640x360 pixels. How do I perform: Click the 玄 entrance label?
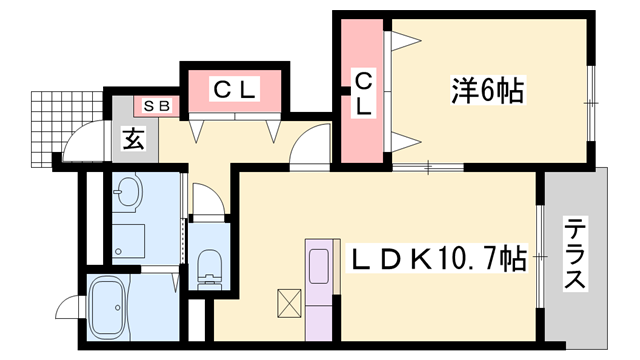tap(134, 139)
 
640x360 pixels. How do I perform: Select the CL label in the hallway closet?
tap(236, 90)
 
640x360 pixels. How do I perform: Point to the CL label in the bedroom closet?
tap(364, 91)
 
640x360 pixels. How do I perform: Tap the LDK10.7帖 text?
tap(437, 260)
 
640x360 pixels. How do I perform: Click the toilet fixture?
tap(209, 266)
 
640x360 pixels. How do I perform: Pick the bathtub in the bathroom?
tap(119, 307)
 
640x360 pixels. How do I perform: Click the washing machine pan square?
tap(129, 240)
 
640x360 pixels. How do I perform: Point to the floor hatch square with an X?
tap(289, 301)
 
